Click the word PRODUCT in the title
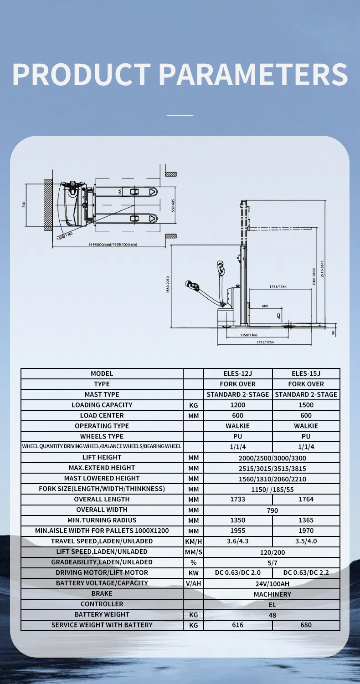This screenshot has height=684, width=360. tap(81, 74)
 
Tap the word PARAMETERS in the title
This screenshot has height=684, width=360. tap(253, 74)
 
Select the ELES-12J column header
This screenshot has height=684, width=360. tap(237, 373)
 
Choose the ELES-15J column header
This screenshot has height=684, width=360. tap(306, 373)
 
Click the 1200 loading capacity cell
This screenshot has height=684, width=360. tap(237, 405)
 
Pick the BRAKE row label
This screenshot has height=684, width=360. tap(102, 593)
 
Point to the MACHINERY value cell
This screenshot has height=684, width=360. tap(272, 594)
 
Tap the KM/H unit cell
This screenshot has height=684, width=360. tap(193, 541)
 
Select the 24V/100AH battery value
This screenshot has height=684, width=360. tap(272, 583)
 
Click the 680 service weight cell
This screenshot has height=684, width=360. tap(306, 625)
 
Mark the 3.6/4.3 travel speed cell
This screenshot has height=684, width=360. tap(237, 541)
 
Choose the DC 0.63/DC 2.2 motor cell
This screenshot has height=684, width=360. tap(306, 572)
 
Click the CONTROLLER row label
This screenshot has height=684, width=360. tap(102, 604)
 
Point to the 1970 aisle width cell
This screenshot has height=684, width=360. tap(306, 531)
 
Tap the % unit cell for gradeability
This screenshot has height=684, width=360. tap(193, 562)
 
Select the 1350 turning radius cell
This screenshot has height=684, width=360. tap(237, 520)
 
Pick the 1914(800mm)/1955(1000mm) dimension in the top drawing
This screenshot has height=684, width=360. tap(113, 245)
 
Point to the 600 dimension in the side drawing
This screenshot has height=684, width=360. tap(265, 306)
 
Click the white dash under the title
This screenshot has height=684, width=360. tap(180, 115)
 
